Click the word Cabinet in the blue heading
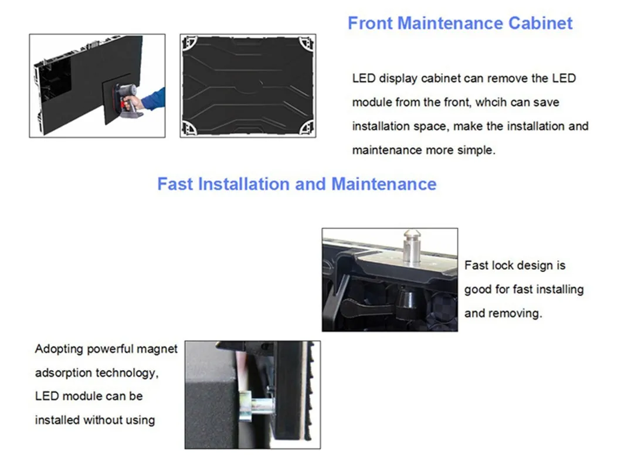[x=540, y=23]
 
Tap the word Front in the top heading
[x=370, y=23]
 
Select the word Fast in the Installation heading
[x=175, y=184]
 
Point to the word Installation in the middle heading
[x=244, y=184]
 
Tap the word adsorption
[x=63, y=373]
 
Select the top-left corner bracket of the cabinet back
[x=189, y=43]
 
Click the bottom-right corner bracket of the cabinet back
[x=307, y=128]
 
